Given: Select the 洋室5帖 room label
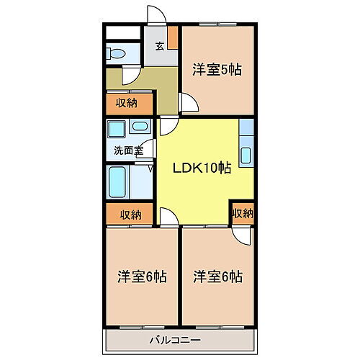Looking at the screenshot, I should pyautogui.click(x=216, y=70).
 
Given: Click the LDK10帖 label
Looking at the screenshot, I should pyautogui.click(x=201, y=168).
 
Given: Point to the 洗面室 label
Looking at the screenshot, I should pyautogui.click(x=127, y=151).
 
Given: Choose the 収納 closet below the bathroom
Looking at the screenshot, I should pyautogui.click(x=130, y=214).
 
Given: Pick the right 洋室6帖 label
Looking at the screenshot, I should pyautogui.click(x=217, y=276).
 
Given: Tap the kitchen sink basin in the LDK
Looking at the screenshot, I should pyautogui.click(x=246, y=155).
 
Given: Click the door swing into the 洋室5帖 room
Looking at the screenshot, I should pyautogui.click(x=189, y=104).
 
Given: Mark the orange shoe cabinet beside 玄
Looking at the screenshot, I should pyautogui.click(x=174, y=37).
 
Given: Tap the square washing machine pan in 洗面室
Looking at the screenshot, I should pyautogui.click(x=117, y=131).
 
